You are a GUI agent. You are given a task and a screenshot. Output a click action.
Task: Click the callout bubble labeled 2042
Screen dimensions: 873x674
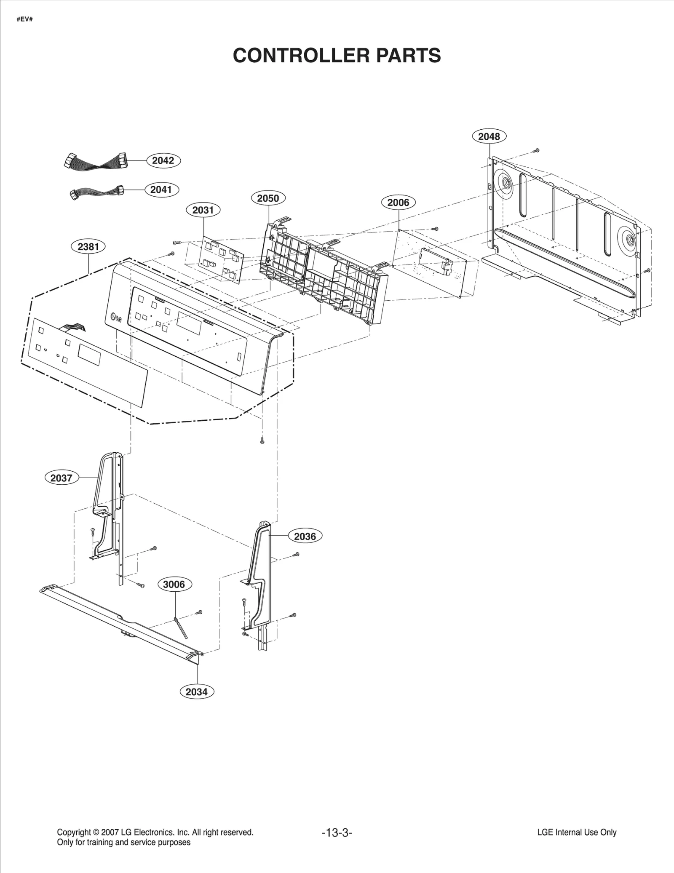coord(163,160)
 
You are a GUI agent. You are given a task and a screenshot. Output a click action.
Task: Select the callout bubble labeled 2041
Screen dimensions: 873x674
coord(161,190)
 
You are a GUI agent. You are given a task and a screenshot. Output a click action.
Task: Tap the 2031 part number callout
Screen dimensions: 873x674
coord(203,210)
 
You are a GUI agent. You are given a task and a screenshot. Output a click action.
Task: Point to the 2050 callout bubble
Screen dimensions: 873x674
coord(268,198)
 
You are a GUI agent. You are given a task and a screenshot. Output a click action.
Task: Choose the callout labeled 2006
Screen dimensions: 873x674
coord(398,203)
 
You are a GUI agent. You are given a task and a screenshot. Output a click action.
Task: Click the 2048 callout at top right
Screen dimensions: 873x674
coord(489,136)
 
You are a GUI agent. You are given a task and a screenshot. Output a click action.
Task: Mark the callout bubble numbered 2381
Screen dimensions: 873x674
coord(88,246)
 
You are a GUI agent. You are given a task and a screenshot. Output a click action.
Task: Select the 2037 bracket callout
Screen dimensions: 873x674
coord(62,478)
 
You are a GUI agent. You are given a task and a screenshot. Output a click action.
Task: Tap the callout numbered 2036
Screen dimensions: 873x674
coord(305,536)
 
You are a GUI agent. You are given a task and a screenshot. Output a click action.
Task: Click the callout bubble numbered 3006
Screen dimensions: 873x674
coord(174,584)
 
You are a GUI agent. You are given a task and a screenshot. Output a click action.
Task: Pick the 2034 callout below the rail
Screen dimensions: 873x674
coord(197,691)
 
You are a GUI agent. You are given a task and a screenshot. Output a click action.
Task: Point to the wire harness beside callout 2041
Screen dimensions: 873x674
coord(97,192)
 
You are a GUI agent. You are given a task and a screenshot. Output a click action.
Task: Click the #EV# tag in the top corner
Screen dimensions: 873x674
coord(24,19)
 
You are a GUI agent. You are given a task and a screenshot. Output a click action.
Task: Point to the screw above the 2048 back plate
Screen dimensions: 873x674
coord(537,150)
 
